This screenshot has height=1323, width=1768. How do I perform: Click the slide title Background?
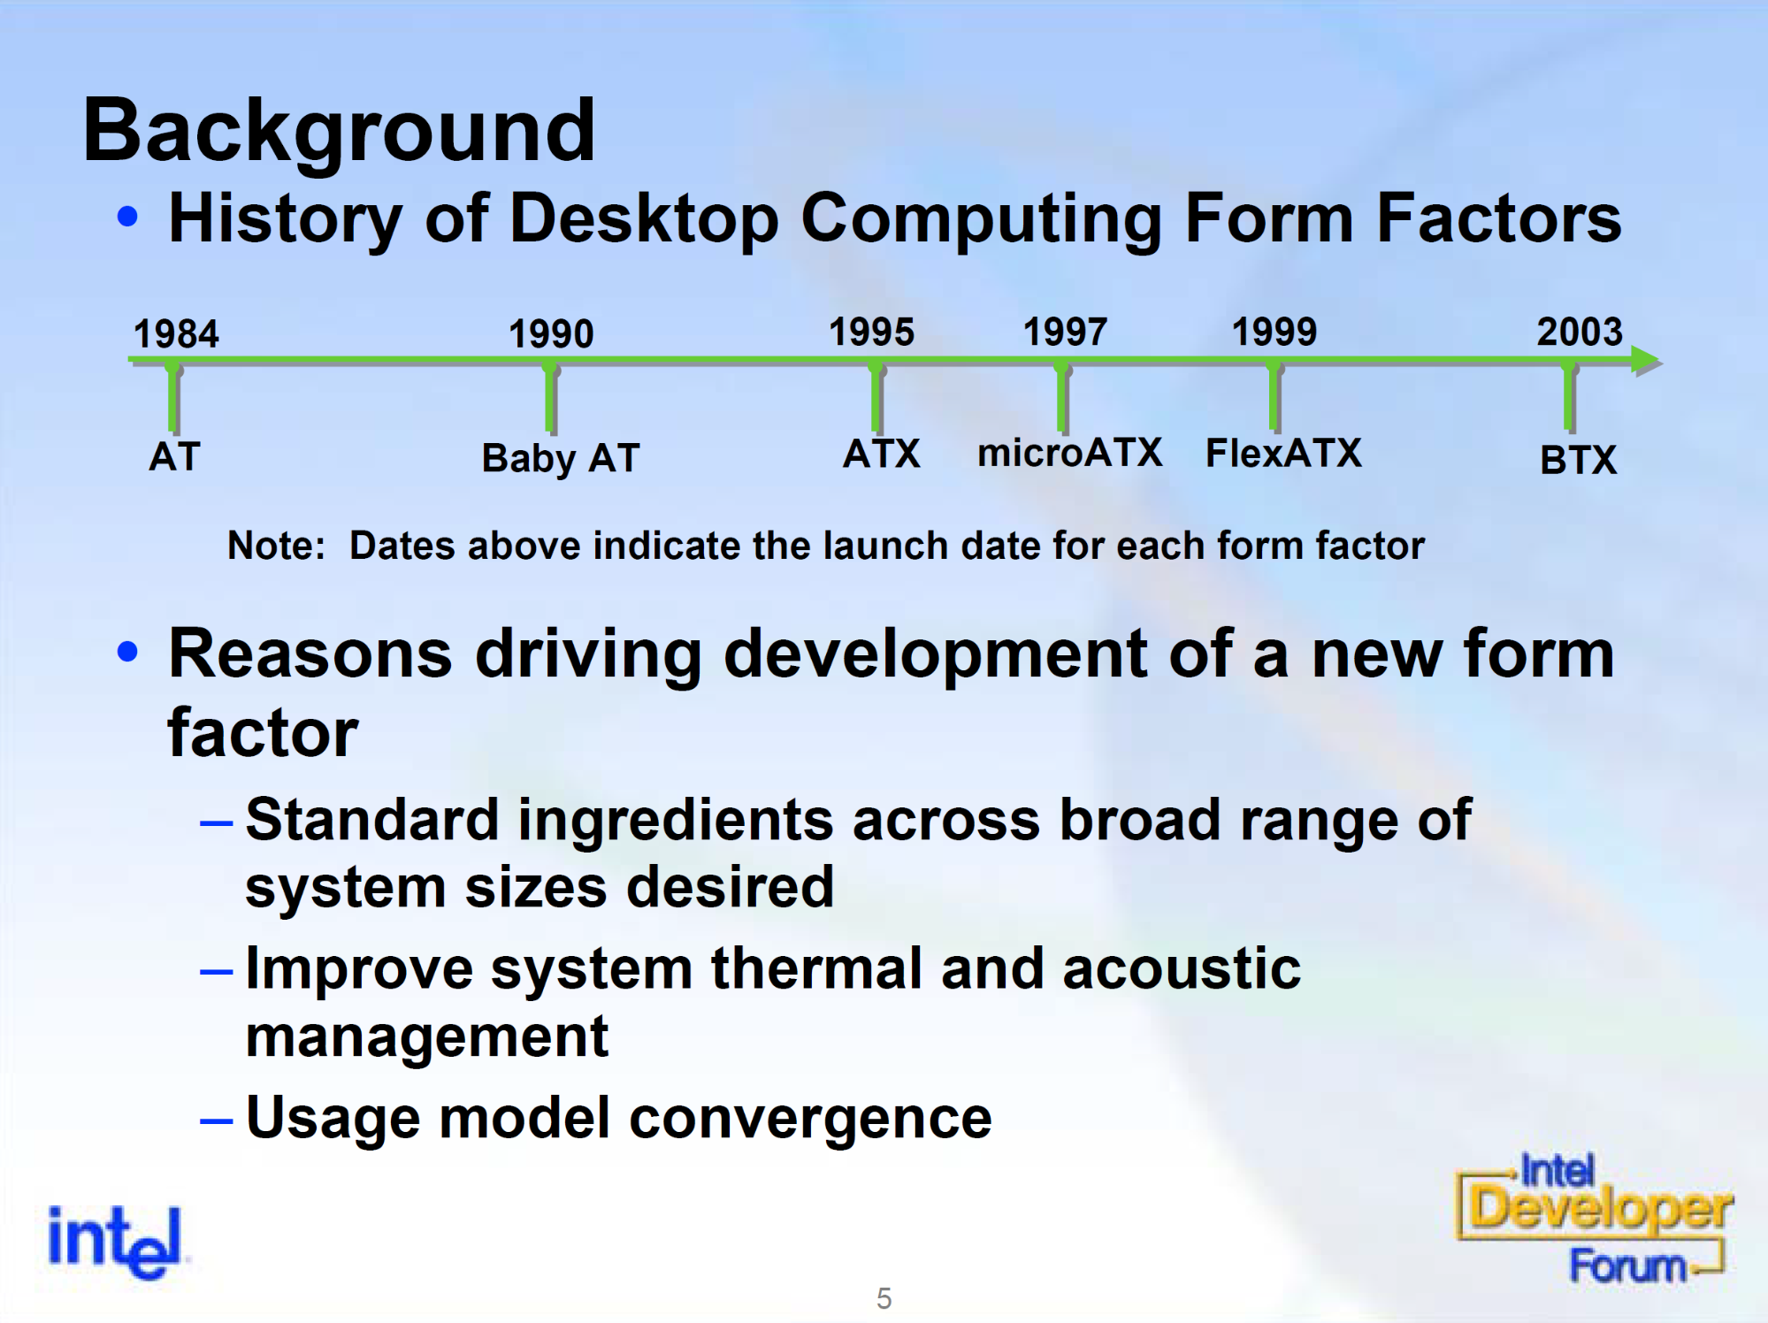point(339,131)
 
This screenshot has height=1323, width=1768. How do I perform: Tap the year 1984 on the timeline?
point(176,334)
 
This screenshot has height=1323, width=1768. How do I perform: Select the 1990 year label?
point(551,334)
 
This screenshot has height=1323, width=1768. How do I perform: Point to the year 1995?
point(871,333)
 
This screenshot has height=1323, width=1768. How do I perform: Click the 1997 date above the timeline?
point(1065,333)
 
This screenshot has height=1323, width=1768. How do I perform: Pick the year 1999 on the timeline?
point(1274,333)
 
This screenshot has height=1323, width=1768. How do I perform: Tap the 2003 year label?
point(1580,333)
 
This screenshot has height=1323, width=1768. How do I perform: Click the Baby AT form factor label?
point(561,459)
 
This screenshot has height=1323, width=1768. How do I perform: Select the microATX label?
point(1069,453)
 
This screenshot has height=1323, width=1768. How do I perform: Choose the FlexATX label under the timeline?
point(1283,453)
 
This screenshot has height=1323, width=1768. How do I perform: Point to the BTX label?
point(1579,460)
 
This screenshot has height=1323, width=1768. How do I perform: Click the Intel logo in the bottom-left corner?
point(115,1242)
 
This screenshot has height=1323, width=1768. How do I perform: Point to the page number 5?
point(884,1298)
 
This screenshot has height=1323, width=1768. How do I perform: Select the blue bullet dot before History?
point(128,217)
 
